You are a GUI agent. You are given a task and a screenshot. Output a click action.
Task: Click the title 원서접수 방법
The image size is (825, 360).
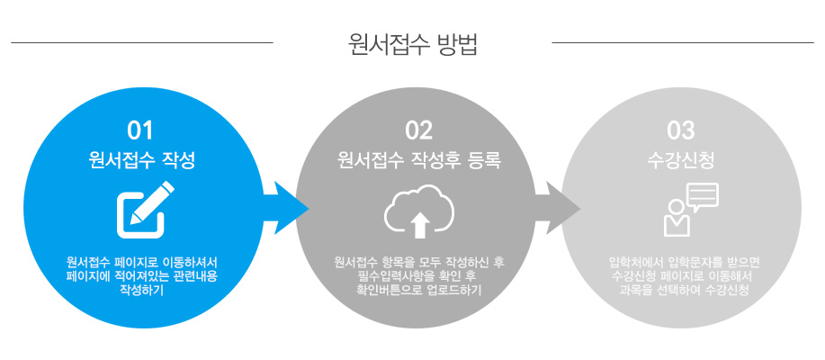412,44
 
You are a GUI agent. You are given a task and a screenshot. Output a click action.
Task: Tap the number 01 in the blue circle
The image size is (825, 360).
140,130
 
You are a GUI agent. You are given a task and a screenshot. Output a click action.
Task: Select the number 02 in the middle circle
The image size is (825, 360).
418,130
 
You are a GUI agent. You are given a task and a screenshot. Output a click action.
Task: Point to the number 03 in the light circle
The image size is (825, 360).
681,130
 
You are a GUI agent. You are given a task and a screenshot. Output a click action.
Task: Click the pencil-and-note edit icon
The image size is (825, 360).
144,205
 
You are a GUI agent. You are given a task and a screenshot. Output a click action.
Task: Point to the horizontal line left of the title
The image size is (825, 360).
141,42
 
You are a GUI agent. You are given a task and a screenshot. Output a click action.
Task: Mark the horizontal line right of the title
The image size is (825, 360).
682,42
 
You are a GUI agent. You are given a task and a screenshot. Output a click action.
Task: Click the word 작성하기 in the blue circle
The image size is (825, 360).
141,290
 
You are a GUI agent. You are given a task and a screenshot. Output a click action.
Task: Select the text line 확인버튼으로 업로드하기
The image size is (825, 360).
418,290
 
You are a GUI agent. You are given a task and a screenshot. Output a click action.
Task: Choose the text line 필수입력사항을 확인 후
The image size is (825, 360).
418,276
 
